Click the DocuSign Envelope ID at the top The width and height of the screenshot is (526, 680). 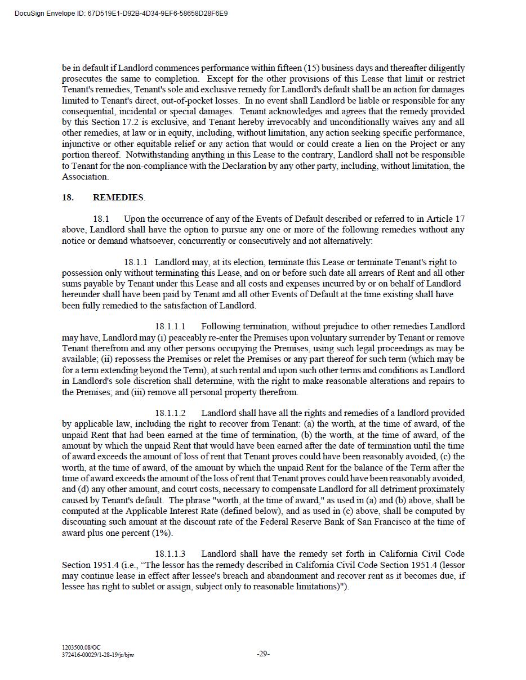(121, 13)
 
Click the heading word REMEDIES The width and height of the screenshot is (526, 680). (118, 198)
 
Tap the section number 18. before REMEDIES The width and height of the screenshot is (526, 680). (68, 198)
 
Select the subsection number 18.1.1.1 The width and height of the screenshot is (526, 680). (170, 326)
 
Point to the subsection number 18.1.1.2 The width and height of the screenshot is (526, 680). (170, 413)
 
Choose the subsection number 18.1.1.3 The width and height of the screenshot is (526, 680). (170, 554)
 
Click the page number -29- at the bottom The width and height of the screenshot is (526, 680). (263, 654)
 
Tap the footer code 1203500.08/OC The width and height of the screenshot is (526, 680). (81, 648)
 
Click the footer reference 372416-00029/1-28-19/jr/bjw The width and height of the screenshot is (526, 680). (98, 655)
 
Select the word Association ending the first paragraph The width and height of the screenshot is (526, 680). (84, 177)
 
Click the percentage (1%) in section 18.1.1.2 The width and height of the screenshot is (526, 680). (162, 533)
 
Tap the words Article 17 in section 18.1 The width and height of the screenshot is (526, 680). (445, 219)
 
